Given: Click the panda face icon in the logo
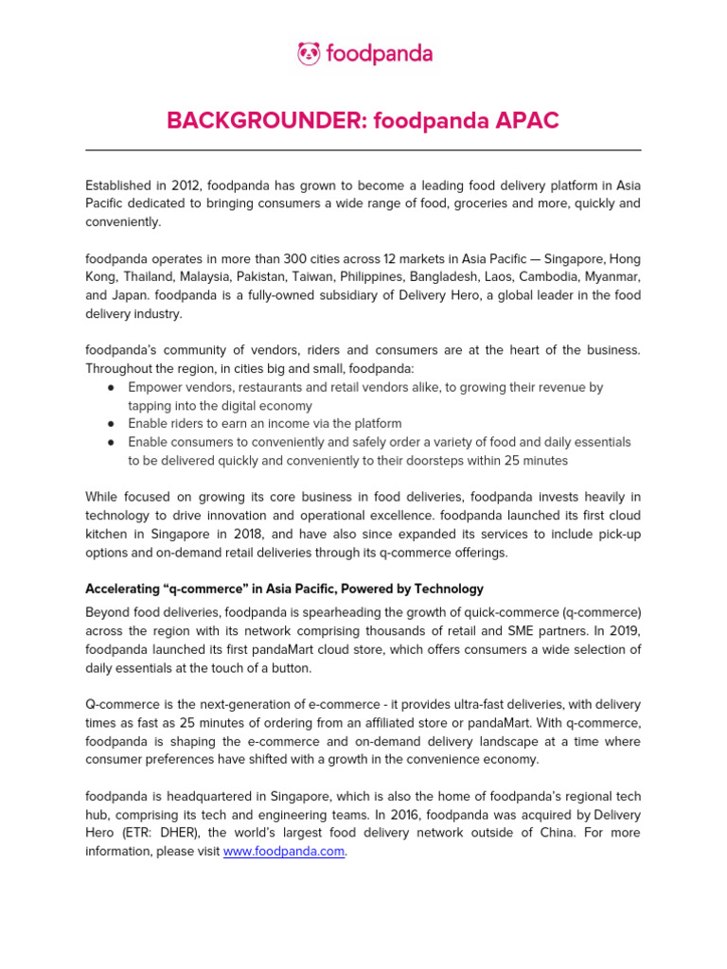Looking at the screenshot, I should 309,54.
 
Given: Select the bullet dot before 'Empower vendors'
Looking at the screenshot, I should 111,387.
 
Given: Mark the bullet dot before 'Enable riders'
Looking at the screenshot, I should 111,424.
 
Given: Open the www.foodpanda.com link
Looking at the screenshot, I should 283,852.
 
